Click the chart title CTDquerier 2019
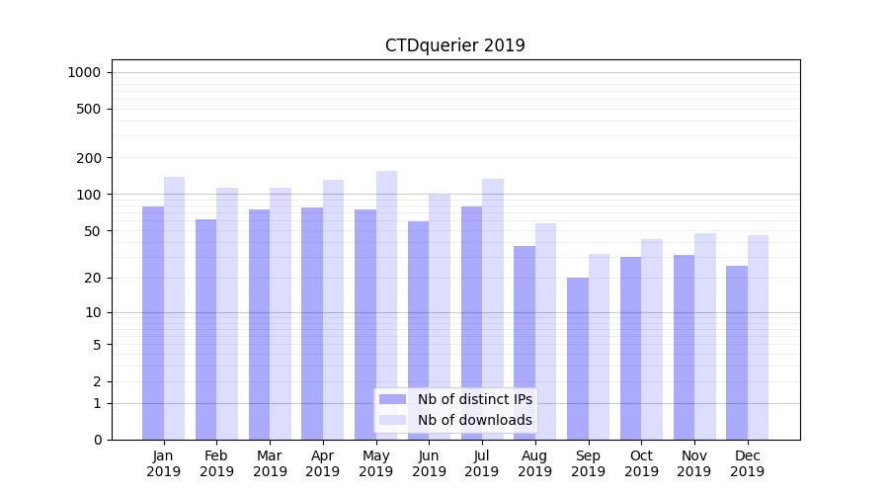pyautogui.click(x=454, y=45)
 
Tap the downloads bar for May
pyautogui.click(x=386, y=305)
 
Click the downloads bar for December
pyautogui.click(x=758, y=337)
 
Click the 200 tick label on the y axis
pyautogui.click(x=90, y=158)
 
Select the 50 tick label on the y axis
pyautogui.click(x=93, y=231)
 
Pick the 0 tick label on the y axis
pyautogui.click(x=97, y=440)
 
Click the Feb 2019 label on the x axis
pyautogui.click(x=216, y=463)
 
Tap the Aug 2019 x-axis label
pyautogui.click(x=534, y=463)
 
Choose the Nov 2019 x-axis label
pyautogui.click(x=694, y=463)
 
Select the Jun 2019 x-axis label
pyautogui.click(x=429, y=463)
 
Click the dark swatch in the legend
pyautogui.click(x=392, y=399)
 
